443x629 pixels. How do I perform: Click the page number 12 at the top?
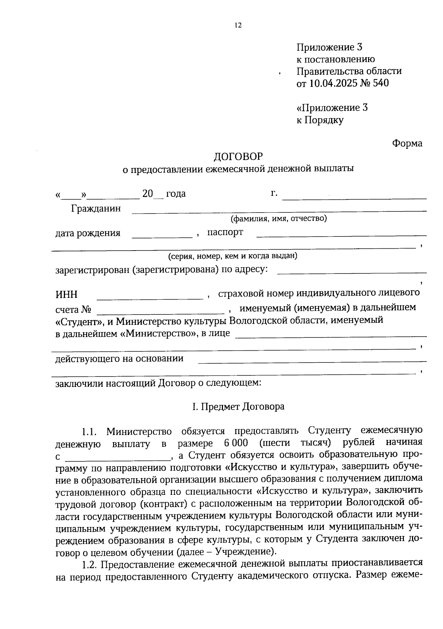pyautogui.click(x=238, y=25)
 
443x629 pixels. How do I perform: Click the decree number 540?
pyautogui.click(x=381, y=83)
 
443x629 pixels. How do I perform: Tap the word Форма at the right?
pyautogui.click(x=407, y=143)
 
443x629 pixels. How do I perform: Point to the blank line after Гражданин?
pyautogui.click(x=279, y=210)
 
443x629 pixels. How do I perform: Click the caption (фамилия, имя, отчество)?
pyautogui.click(x=279, y=219)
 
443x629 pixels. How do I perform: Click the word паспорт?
pyautogui.click(x=225, y=232)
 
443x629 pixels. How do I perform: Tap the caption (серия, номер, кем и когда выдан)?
pyautogui.click(x=233, y=256)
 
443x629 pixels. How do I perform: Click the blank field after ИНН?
pyautogui.click(x=150, y=297)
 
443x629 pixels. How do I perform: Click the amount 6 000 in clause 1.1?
pyautogui.click(x=236, y=443)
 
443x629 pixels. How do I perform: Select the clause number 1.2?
pyautogui.click(x=89, y=564)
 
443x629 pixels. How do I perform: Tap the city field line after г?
pyautogui.click(x=354, y=198)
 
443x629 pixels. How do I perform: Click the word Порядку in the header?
pyautogui.click(x=324, y=120)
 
